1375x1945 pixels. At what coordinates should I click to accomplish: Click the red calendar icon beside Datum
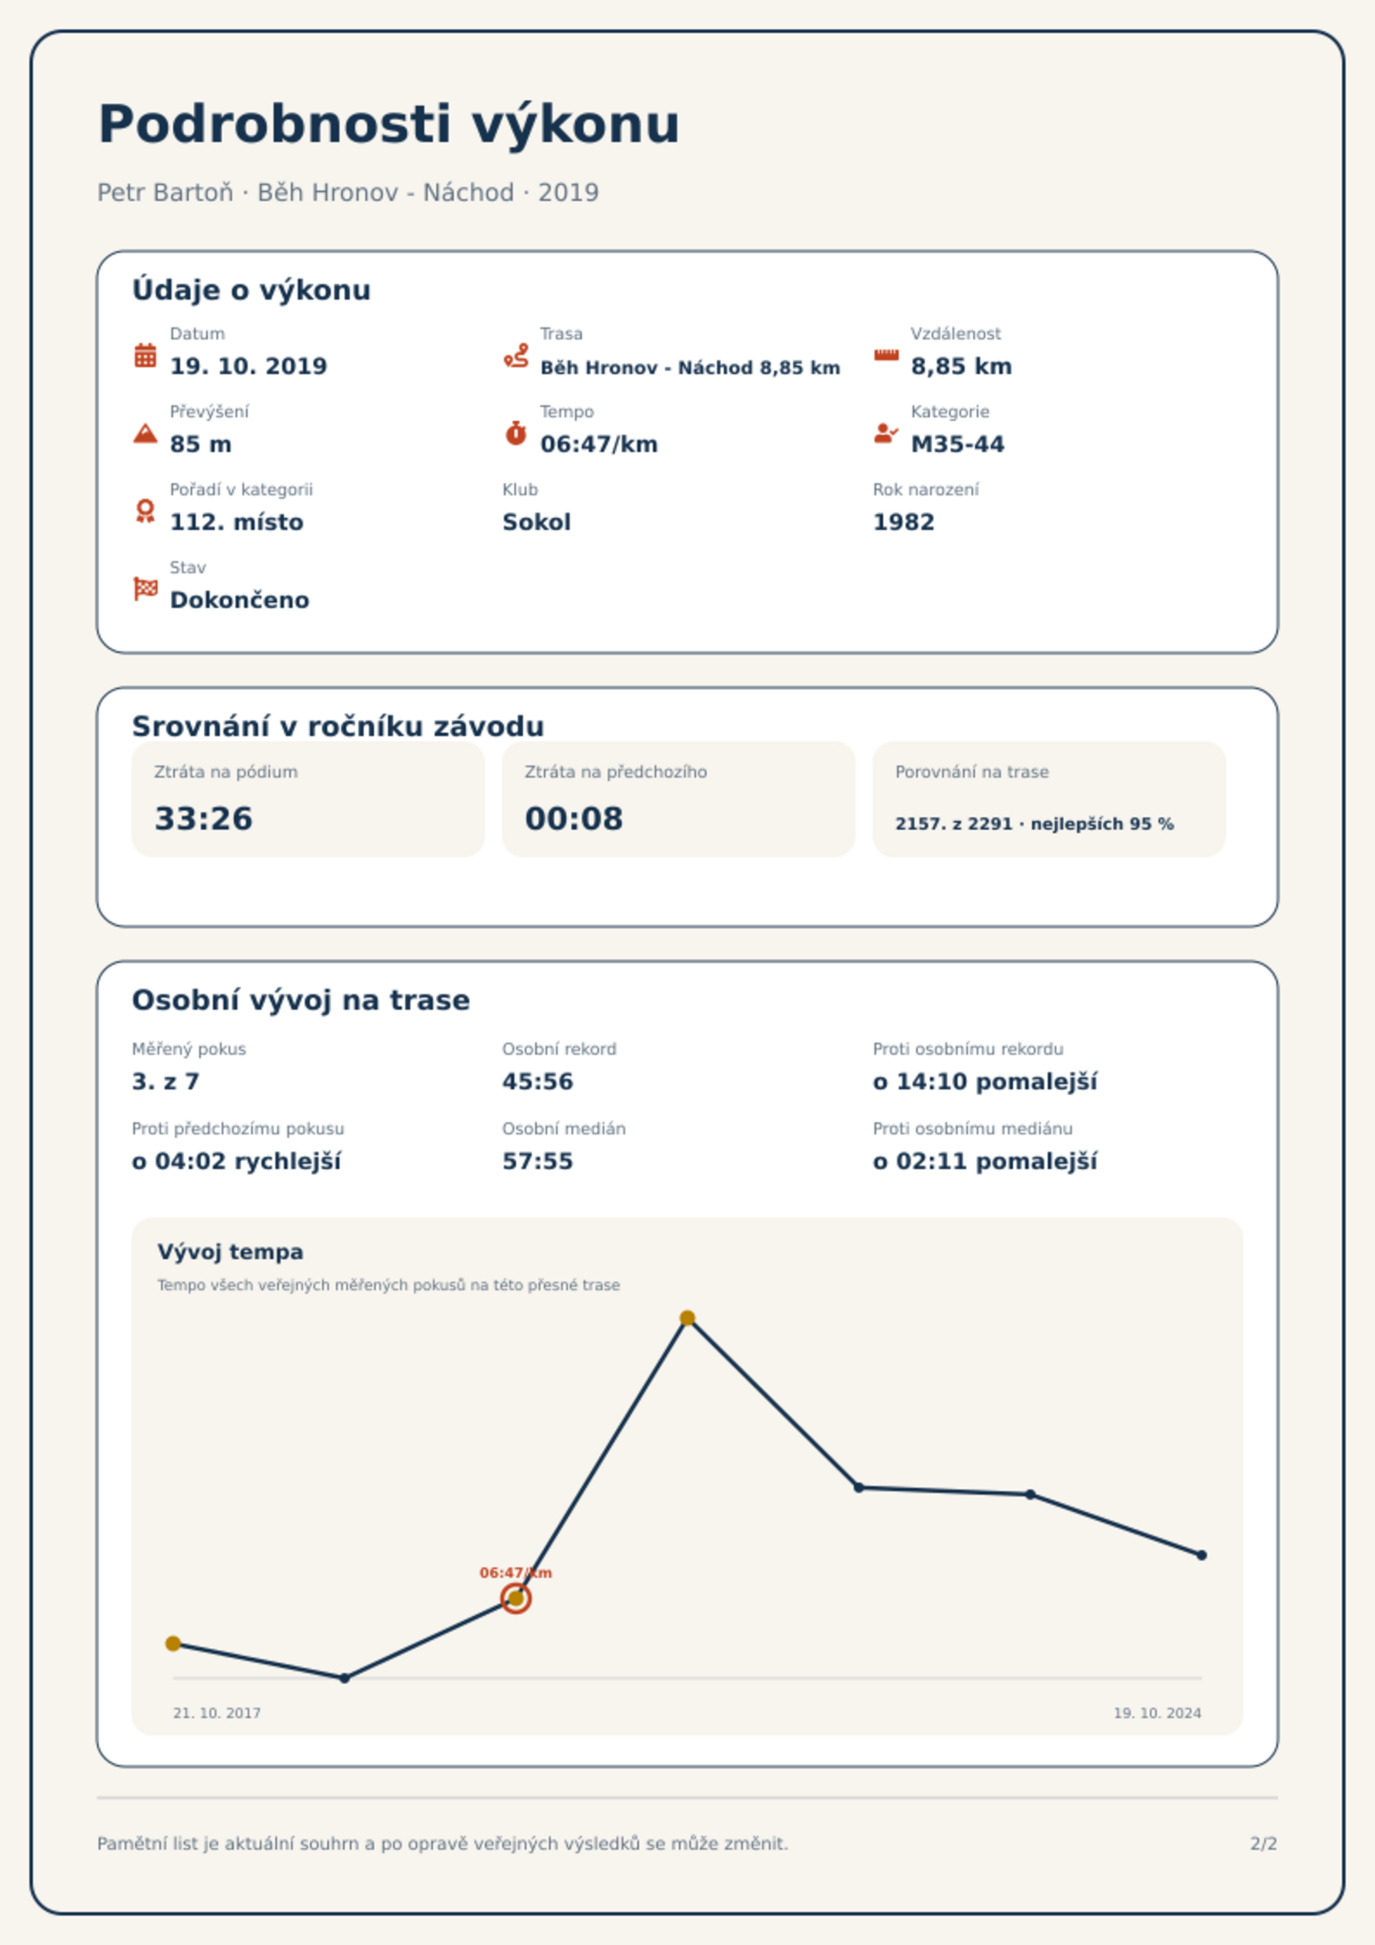[x=145, y=355]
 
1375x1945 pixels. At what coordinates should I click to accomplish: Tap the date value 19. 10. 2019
[x=249, y=366]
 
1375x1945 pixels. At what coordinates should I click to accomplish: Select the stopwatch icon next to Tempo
[x=516, y=433]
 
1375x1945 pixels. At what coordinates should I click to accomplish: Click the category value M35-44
[x=957, y=444]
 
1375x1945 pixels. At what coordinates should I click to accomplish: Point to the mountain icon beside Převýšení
[x=145, y=433]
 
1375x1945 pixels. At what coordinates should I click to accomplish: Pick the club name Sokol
[x=536, y=522]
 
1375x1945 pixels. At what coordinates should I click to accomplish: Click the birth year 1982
[x=903, y=522]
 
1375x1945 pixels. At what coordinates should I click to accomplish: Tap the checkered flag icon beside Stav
[x=145, y=589]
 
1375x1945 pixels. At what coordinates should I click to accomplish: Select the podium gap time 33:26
[x=203, y=818]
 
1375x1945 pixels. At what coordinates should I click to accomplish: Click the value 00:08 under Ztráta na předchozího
[x=574, y=818]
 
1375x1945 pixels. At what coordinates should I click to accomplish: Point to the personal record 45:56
[x=538, y=1082]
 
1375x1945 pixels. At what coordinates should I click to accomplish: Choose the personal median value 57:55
[x=538, y=1161]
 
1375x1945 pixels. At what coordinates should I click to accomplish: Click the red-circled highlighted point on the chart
[x=516, y=1599]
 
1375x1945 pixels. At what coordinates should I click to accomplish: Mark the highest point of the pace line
[x=687, y=1318]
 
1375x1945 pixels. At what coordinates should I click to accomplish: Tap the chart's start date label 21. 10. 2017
[x=216, y=1713]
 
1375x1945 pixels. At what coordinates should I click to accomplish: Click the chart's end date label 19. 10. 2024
[x=1157, y=1713]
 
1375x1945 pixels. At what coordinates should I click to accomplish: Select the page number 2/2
[x=1263, y=1844]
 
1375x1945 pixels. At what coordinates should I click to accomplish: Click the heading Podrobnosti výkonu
[x=389, y=125]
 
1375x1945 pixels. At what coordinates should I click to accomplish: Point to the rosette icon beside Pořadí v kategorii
[x=145, y=511]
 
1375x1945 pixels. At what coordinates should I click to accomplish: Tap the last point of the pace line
[x=1202, y=1555]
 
